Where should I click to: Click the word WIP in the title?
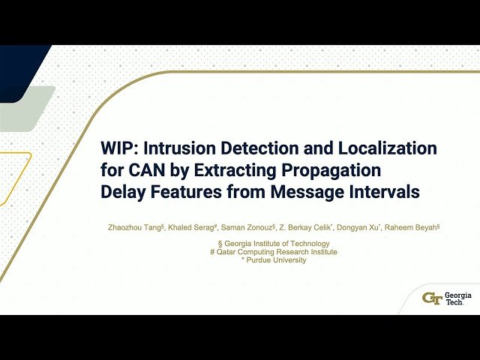pyautogui.click(x=119, y=147)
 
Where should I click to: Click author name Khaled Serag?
pyautogui.click(x=190, y=227)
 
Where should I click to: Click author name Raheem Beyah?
pyautogui.click(x=409, y=227)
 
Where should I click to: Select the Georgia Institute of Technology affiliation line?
pyautogui.click(x=272, y=244)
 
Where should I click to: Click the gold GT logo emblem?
pyautogui.click(x=432, y=298)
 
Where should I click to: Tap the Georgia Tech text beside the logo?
pyautogui.click(x=458, y=298)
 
